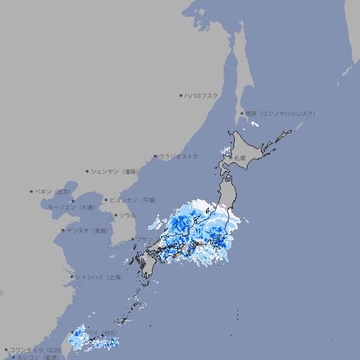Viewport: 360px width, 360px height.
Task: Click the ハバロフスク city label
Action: coord(202,96)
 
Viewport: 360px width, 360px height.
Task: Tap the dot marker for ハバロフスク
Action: coord(181,96)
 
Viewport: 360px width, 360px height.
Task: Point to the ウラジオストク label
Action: coord(179,156)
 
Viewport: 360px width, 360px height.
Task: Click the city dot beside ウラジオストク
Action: coord(155,157)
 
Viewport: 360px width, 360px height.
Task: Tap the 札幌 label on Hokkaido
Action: coord(240,157)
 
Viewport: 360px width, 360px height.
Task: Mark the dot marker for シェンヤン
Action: coord(88,171)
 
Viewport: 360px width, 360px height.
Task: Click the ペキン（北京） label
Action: coord(54,191)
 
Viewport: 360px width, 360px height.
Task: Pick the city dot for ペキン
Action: coord(32,191)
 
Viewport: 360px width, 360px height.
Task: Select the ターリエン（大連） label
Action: coord(71,207)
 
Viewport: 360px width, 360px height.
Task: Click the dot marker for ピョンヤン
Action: coord(107,200)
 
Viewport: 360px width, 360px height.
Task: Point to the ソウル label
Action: coord(127,215)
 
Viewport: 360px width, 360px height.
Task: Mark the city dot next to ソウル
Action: coord(116,215)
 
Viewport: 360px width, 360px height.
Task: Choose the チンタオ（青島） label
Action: coord(88,230)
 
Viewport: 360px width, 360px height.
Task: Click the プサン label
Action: coord(144,240)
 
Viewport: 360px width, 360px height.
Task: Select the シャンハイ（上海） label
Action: coord(98,277)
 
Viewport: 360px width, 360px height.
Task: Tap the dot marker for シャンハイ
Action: coord(72,277)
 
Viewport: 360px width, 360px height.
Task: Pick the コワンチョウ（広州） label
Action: coord(36,349)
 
